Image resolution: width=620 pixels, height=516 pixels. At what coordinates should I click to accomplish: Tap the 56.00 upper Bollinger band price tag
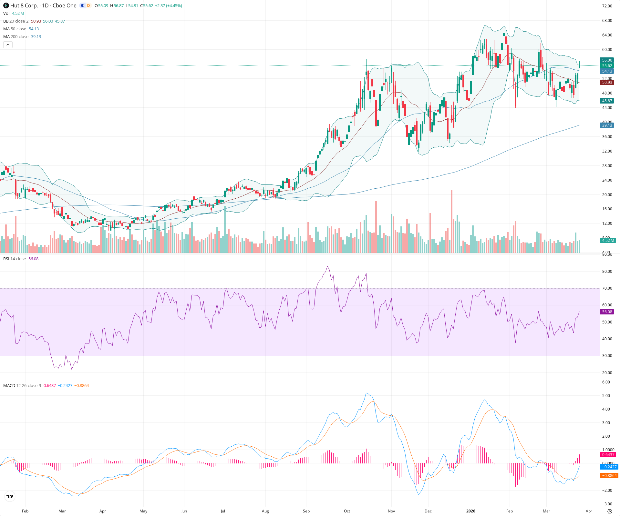(607, 60)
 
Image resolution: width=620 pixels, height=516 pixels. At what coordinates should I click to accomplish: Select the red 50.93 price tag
(607, 83)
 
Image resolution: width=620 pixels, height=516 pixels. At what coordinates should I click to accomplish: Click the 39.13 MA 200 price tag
(607, 125)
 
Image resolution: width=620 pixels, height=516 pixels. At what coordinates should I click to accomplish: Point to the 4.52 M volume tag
(608, 240)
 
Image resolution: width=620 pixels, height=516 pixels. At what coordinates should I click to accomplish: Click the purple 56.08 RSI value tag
(607, 312)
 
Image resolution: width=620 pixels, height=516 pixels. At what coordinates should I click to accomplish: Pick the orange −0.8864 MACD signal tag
(609, 475)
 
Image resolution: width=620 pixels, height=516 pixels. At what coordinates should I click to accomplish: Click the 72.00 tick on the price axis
(607, 6)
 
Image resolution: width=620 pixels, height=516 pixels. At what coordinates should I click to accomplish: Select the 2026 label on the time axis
(470, 511)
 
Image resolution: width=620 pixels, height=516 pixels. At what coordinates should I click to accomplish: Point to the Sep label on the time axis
(306, 511)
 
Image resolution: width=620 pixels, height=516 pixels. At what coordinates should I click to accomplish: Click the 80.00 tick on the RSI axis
(607, 272)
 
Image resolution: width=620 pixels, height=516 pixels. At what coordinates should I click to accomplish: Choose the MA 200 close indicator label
(16, 37)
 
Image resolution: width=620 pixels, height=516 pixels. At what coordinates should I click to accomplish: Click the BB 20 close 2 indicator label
(16, 21)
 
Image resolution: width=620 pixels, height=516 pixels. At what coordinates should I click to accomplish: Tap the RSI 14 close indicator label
(15, 259)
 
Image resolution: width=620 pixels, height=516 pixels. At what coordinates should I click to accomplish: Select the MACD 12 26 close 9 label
(22, 386)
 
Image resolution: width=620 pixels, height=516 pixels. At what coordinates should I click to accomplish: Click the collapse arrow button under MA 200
(8, 45)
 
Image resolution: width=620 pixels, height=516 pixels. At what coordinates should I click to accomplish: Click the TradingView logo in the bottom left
(10, 496)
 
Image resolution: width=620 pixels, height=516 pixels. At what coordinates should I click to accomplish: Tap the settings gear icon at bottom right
(610, 511)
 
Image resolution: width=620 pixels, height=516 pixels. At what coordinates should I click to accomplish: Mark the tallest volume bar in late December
(451, 223)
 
